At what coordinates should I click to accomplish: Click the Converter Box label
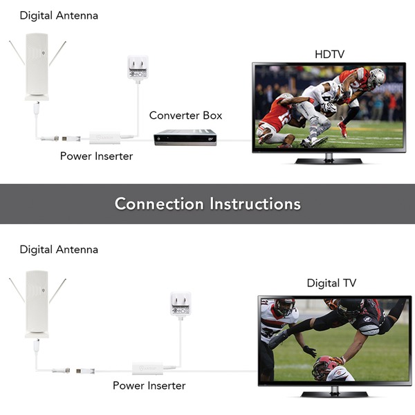185,116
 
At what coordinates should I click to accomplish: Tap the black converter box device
185,137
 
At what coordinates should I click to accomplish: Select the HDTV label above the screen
329,54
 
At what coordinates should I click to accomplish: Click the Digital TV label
331,283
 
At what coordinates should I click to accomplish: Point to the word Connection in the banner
159,204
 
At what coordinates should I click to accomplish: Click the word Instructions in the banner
255,204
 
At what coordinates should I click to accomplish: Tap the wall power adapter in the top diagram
138,67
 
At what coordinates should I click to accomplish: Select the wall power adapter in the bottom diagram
181,304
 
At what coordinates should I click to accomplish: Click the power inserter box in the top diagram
105,138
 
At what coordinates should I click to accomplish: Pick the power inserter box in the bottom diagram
147,368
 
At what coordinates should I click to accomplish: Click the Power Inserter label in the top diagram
96,156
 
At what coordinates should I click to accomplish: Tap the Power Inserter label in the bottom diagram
149,386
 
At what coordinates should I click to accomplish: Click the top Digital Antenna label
59,16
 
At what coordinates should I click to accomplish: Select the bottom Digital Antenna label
59,250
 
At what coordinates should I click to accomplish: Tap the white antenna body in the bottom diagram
37,304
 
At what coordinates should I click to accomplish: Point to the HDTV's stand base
329,160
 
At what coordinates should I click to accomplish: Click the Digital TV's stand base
335,394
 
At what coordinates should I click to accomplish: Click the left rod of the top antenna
17,53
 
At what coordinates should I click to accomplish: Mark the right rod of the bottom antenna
57,291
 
